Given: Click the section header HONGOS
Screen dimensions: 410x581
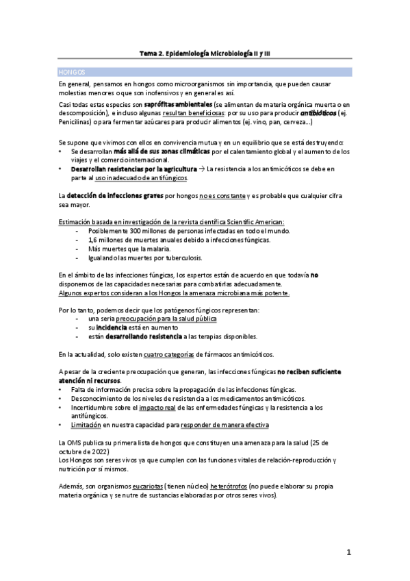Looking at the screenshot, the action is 72,71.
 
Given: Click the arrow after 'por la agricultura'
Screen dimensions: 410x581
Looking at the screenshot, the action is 201,169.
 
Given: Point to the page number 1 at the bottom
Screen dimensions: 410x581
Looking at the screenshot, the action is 348,552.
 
